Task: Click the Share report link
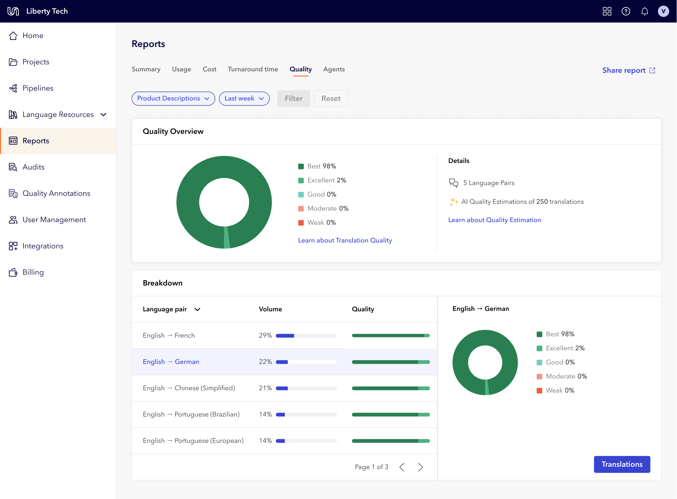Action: [628, 70]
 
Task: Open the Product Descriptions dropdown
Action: [173, 99]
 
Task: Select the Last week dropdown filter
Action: [244, 99]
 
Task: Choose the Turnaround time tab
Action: [253, 69]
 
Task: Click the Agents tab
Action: [334, 69]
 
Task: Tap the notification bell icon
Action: [644, 12]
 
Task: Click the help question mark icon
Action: [626, 12]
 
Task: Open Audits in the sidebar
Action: [34, 167]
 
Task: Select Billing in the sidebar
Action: [33, 272]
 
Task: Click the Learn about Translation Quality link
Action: [345, 240]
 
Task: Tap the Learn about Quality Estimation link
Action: [495, 220]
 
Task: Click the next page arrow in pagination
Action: [420, 467]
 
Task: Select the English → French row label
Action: [169, 336]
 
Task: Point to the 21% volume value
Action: [265, 388]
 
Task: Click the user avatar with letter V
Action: [663, 12]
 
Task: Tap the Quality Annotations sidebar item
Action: [56, 193]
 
